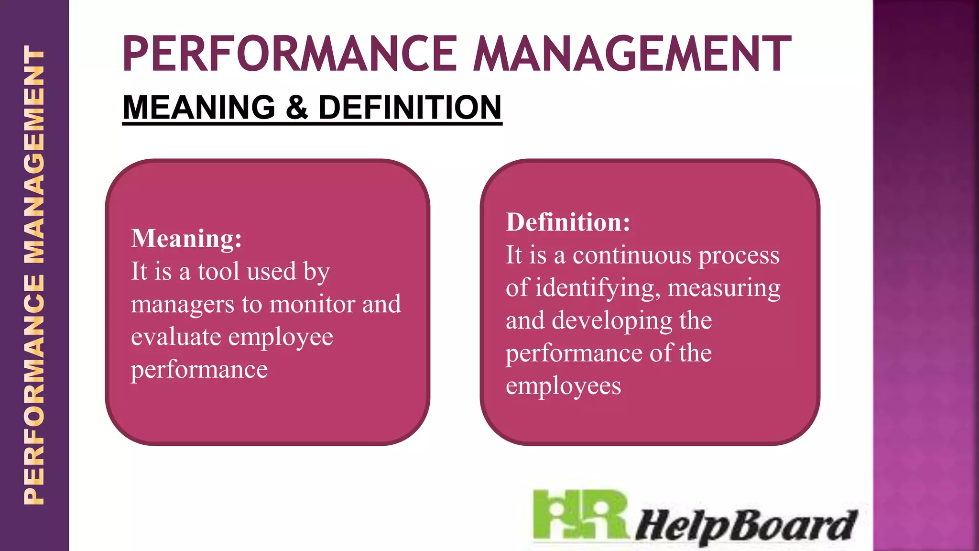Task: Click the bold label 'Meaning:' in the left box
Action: pos(186,238)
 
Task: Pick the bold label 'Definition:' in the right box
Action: pos(568,222)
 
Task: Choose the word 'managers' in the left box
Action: pos(183,305)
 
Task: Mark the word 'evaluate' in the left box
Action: pos(176,337)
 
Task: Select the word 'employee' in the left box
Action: pos(281,338)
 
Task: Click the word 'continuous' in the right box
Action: pos(632,255)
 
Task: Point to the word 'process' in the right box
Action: pos(739,256)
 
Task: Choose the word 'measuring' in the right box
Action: pos(724,288)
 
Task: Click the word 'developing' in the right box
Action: pos(612,321)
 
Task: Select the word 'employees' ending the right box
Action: pos(563,386)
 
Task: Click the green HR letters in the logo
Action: pos(579,516)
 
